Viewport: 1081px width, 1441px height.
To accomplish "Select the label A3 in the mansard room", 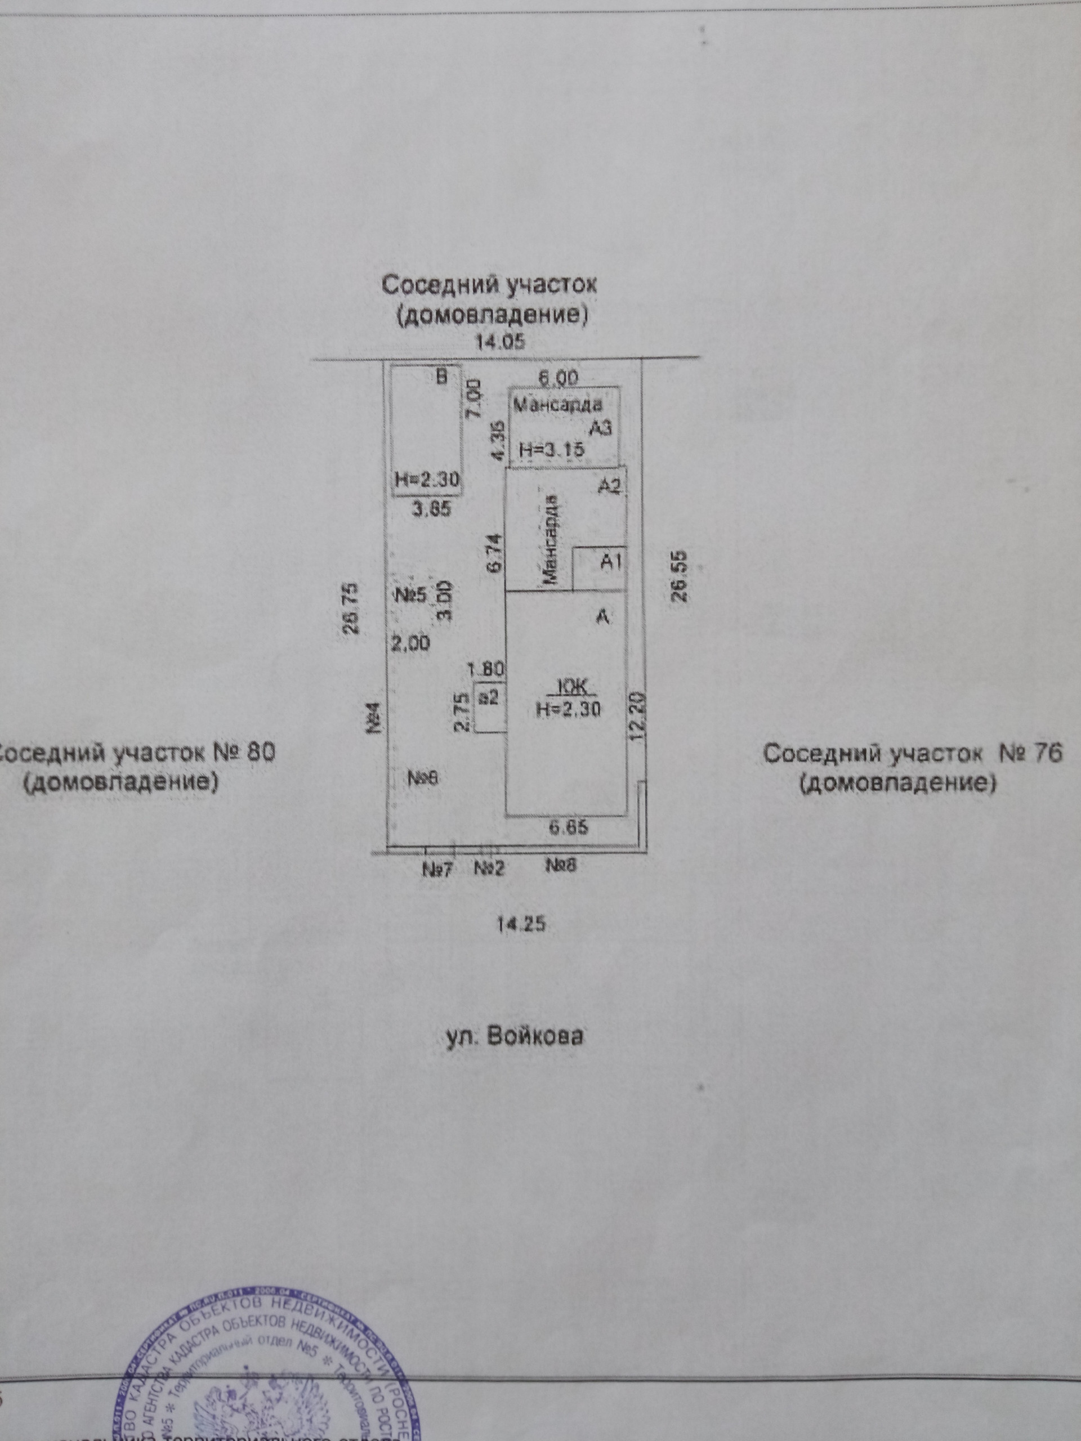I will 600,427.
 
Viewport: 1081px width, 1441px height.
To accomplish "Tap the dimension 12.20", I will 639,715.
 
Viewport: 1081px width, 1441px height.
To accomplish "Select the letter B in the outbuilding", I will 443,377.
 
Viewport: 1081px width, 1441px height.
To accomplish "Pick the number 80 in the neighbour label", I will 261,753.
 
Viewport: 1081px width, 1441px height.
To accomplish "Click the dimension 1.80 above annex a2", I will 487,668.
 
